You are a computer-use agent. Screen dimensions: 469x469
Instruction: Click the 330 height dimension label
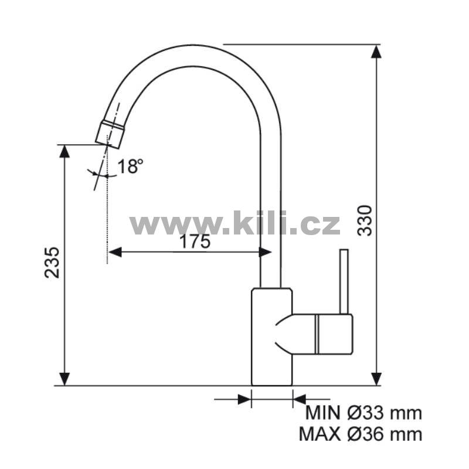365,220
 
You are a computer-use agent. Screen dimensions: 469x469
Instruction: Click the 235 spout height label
52,262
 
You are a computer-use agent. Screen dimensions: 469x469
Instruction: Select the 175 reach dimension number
195,242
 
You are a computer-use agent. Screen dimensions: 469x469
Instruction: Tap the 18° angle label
130,166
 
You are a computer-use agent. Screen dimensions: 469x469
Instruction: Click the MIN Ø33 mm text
363,413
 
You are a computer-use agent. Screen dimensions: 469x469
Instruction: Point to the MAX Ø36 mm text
361,434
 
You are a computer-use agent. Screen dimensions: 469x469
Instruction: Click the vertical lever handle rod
344,281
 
